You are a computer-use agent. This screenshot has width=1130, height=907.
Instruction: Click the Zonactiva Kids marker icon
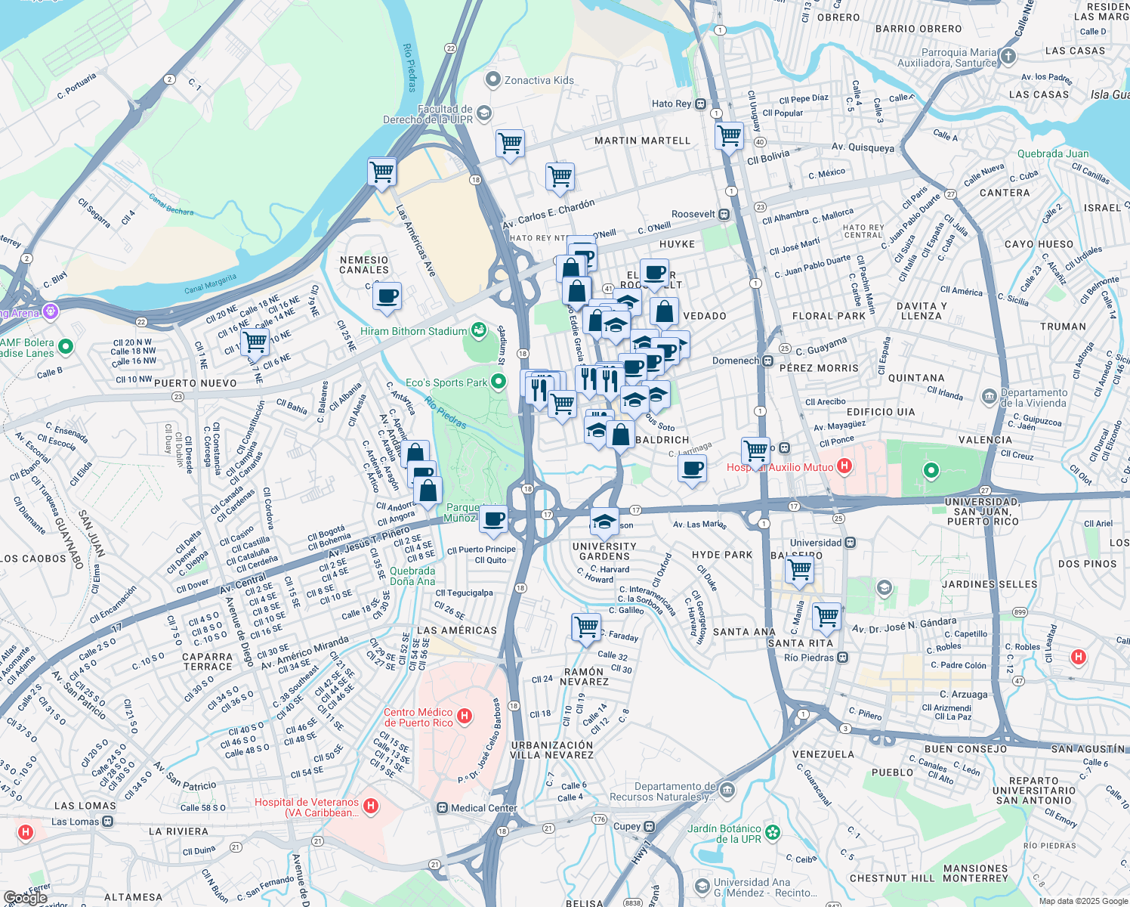coord(493,79)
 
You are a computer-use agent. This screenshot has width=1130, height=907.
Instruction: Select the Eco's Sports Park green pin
coord(498,382)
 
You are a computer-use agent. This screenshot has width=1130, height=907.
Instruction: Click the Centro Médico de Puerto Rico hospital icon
coord(465,715)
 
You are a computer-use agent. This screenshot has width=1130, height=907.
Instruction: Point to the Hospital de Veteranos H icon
coord(370,806)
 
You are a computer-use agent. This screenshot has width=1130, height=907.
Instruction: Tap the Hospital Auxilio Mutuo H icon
coord(844,467)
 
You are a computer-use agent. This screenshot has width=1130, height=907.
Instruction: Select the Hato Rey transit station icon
coord(701,104)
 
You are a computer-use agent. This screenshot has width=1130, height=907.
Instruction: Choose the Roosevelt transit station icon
coord(724,214)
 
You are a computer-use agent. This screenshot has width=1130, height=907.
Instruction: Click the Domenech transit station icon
coord(767,361)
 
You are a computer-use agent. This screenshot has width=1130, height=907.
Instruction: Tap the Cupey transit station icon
coord(649,826)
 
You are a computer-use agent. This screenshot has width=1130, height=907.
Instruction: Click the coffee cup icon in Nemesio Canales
coord(387,296)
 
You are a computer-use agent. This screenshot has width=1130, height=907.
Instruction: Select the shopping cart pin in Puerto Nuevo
coord(255,341)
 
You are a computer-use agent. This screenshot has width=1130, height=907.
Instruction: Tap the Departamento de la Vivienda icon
coord(989,397)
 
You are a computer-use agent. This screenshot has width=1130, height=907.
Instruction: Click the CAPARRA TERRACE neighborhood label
coord(208,661)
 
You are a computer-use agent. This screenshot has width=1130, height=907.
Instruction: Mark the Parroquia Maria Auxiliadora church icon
coord(1008,56)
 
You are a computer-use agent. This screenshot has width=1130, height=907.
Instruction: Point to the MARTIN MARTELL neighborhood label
coord(642,141)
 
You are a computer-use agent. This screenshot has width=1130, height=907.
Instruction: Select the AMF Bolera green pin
coord(66,347)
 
